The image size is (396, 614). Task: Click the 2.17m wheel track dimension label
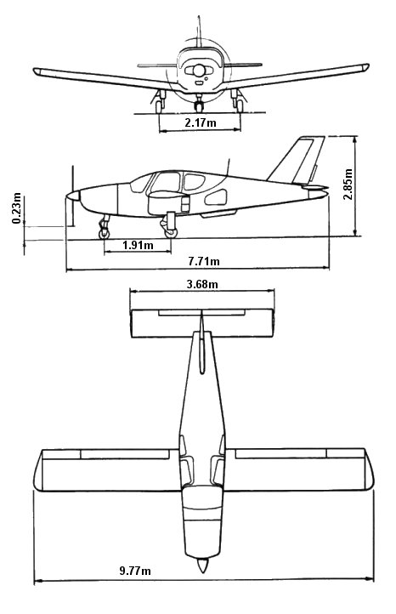pyautogui.click(x=201, y=122)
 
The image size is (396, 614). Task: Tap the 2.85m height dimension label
pyautogui.click(x=348, y=184)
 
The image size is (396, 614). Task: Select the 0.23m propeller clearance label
pyautogui.click(x=17, y=208)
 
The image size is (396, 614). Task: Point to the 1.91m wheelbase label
pyautogui.click(x=138, y=246)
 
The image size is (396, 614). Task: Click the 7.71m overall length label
pyautogui.click(x=204, y=261)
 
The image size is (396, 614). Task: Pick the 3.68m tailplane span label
pyautogui.click(x=202, y=284)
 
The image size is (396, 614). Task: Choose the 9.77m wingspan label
pyautogui.click(x=135, y=571)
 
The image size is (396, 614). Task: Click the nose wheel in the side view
pyautogui.click(x=104, y=234)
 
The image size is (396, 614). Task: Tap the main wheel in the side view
pyautogui.click(x=171, y=233)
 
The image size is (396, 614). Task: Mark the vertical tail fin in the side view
pyautogui.click(x=298, y=160)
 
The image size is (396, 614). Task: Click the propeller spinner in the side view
pyautogui.click(x=73, y=196)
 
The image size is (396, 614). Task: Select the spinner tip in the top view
pyautogui.click(x=202, y=573)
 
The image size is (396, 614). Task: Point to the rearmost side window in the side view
pyautogui.click(x=216, y=197)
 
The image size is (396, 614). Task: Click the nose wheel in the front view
pyautogui.click(x=199, y=106)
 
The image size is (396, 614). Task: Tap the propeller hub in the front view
pyautogui.click(x=199, y=71)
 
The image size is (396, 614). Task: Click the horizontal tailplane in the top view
pyautogui.click(x=202, y=323)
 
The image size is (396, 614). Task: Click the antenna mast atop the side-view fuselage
pyautogui.click(x=228, y=168)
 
